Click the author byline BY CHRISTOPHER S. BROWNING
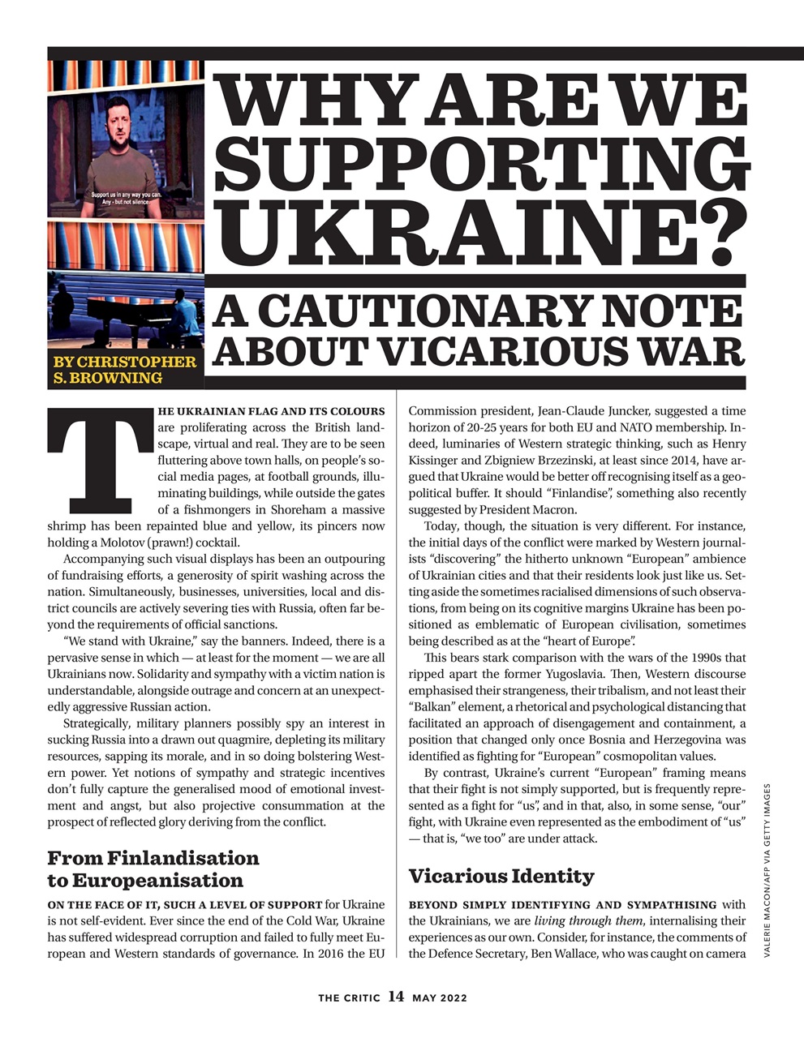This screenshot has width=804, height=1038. [x=124, y=369]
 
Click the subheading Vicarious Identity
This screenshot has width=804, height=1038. [x=501, y=876]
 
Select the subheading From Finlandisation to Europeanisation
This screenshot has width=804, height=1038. [x=153, y=869]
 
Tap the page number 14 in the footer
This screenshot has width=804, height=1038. [x=396, y=997]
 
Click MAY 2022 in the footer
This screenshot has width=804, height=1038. [x=440, y=997]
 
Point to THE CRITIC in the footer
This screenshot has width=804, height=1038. [x=349, y=997]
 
